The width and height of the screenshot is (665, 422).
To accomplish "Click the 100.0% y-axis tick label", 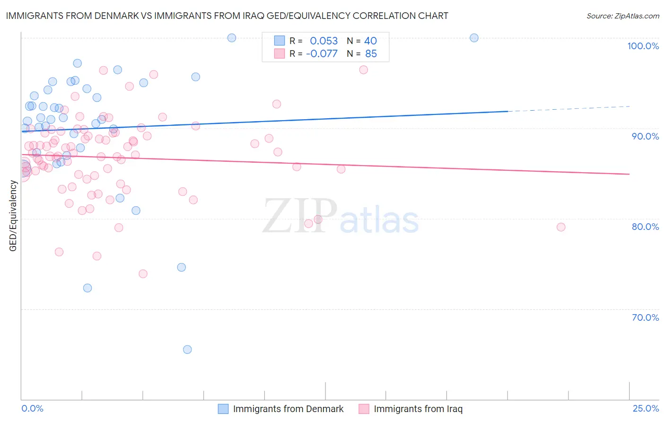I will coord(643,46).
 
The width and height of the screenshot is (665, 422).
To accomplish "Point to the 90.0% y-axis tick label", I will coord(645,136).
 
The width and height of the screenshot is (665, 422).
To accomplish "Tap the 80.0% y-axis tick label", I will coord(645,227).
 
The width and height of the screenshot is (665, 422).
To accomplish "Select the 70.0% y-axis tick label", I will coord(645,317).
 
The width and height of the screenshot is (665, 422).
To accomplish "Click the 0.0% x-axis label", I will coord(32,408).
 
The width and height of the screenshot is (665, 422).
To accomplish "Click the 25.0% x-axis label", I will coord(646,408).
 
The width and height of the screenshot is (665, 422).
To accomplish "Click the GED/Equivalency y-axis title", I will coord(13,216).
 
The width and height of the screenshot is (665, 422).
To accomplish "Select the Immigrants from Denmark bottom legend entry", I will coord(288,409).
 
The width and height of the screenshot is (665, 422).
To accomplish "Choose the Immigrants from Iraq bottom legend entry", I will coord(418,409).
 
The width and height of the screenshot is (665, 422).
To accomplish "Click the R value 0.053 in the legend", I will coord(324,41).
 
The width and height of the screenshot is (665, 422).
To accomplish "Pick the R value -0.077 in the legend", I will coord(322,54).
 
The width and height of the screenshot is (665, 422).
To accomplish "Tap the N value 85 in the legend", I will coord(371,54).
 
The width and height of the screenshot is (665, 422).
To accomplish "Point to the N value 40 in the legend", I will coord(370,41).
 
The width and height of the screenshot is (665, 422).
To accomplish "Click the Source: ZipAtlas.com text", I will coord(622,16).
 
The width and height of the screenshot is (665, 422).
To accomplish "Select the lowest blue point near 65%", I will coord(187,350).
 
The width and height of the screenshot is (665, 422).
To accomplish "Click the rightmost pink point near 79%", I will coord(561,227).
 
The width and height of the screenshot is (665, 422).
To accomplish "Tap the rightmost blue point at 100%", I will coord(474,38).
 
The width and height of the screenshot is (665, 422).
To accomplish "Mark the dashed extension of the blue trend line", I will coord(568,109).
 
